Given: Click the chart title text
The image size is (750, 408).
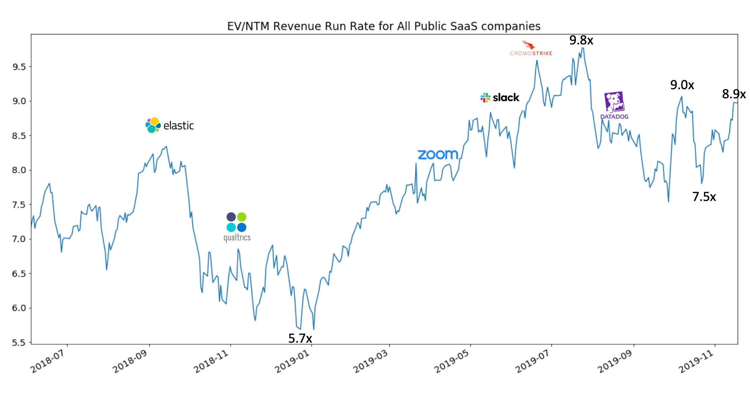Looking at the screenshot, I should [384, 26].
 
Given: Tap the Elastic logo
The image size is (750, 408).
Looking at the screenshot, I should [170, 125].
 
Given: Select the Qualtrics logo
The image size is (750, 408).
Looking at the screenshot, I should [237, 227].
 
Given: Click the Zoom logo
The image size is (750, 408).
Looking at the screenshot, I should [438, 155].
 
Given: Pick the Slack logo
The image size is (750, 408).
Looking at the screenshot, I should [500, 98].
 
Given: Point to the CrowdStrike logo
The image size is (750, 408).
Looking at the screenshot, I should [531, 48].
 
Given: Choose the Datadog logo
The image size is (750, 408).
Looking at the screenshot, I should [614, 105].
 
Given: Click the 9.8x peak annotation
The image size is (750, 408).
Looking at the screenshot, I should [581, 40].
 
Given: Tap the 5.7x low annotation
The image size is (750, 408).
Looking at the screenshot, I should [300, 338].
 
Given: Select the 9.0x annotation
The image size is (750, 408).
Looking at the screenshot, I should [682, 85].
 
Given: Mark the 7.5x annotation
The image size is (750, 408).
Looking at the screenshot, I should [704, 197].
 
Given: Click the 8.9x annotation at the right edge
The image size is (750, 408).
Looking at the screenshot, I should [734, 94].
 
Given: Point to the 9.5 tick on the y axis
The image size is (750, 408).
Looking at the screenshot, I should [19, 67].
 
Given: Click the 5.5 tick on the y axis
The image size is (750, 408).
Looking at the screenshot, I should [19, 343].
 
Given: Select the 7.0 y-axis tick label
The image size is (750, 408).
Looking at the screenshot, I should [19, 239].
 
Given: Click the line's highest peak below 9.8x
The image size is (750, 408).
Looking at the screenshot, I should [583, 48].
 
